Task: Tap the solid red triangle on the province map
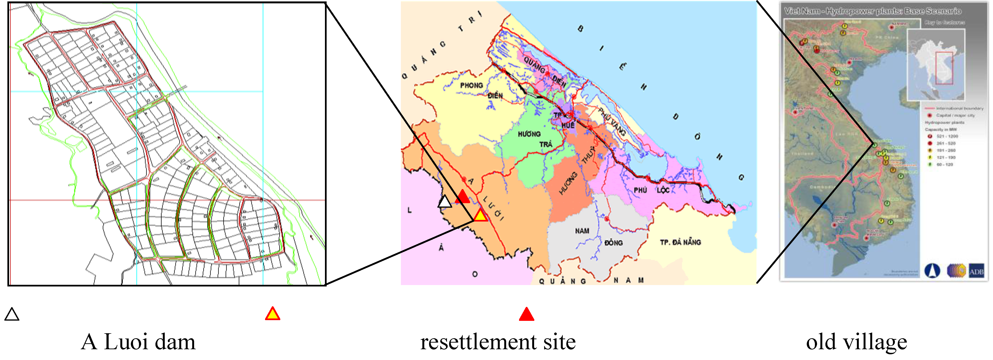(x=462, y=197)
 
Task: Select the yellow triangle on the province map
(x=480, y=215)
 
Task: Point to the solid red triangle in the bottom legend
(x=526, y=314)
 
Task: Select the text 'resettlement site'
(x=498, y=342)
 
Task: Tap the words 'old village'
(x=856, y=342)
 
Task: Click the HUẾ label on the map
(x=568, y=125)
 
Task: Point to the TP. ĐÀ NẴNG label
(x=680, y=242)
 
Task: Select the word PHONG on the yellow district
(x=472, y=85)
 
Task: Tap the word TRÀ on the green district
(x=546, y=144)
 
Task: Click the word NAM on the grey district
(x=582, y=231)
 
